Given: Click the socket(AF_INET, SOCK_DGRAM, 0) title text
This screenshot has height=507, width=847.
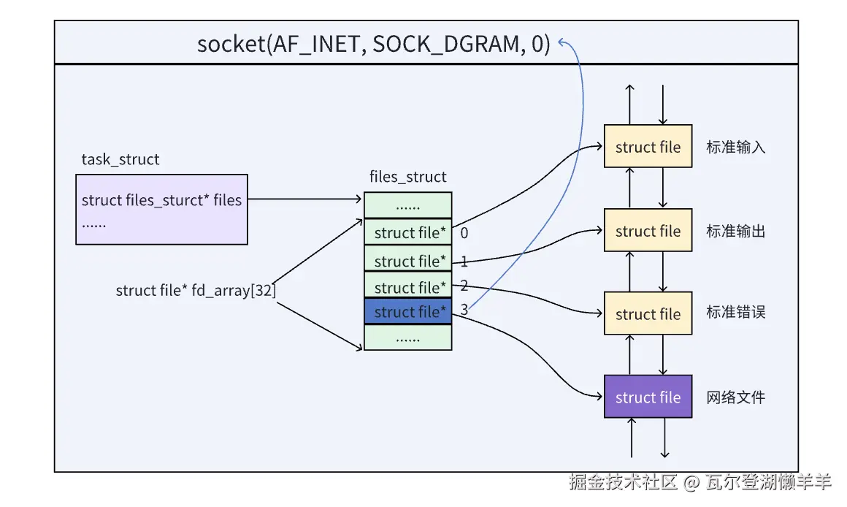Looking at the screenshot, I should click(373, 44).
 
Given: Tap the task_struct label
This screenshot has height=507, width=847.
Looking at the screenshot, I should click(120, 159).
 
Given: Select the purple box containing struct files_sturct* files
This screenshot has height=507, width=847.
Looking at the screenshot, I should click(161, 209).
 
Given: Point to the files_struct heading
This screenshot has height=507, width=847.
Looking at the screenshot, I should click(408, 177).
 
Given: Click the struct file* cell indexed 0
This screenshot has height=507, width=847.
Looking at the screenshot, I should click(408, 232).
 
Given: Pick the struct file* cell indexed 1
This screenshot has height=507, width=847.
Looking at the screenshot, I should click(408, 260).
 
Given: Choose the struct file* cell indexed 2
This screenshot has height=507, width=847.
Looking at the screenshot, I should click(408, 286).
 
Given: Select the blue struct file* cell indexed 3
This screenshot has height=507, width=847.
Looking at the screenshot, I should click(408, 312).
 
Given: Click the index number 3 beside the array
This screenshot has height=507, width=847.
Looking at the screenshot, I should click(464, 311).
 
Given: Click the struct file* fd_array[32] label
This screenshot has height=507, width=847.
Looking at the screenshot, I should click(196, 291).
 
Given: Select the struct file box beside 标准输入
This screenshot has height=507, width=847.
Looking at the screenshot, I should click(648, 147).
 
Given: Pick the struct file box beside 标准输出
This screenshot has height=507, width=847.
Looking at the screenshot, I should click(648, 231).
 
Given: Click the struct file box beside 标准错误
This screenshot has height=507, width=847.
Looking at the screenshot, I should click(648, 314).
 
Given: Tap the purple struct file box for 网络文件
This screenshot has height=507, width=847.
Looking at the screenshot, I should click(648, 397).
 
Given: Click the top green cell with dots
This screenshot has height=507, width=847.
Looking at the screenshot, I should click(408, 205).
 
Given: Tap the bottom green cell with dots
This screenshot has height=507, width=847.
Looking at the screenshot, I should click(408, 338).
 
